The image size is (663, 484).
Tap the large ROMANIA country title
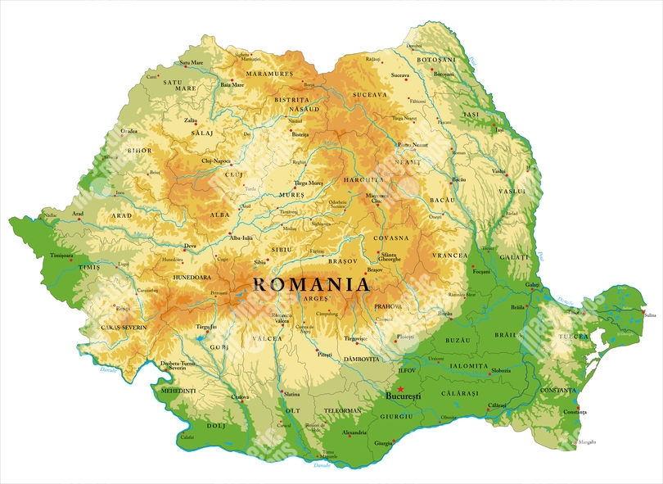(311, 285)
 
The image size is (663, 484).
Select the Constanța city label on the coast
(570, 412)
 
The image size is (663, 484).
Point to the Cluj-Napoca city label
(218, 161)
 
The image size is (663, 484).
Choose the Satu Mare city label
(191, 63)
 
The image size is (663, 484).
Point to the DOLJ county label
(215, 425)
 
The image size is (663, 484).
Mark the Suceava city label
(399, 75)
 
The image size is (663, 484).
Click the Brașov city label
(375, 269)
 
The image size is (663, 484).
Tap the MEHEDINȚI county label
(178, 391)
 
